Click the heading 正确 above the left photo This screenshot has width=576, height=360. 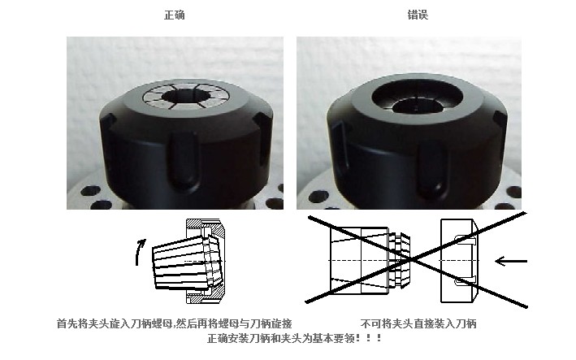[174, 15]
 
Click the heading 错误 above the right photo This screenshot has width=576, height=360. [418, 15]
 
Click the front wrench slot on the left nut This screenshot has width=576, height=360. [183, 162]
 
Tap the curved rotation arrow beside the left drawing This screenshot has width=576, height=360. [139, 252]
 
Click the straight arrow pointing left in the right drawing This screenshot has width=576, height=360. [511, 262]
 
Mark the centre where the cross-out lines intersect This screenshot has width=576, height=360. [412, 260]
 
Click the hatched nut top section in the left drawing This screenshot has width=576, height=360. [206, 225]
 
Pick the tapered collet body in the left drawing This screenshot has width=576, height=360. [184, 262]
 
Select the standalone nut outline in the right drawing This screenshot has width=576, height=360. [459, 261]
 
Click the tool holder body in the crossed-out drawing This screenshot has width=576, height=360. [359, 260]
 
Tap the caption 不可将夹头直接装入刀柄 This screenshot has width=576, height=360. [418, 323]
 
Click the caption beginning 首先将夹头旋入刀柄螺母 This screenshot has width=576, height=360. [175, 323]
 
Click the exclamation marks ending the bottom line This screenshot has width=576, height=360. [369, 338]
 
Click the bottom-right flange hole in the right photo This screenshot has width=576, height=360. [513, 192]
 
